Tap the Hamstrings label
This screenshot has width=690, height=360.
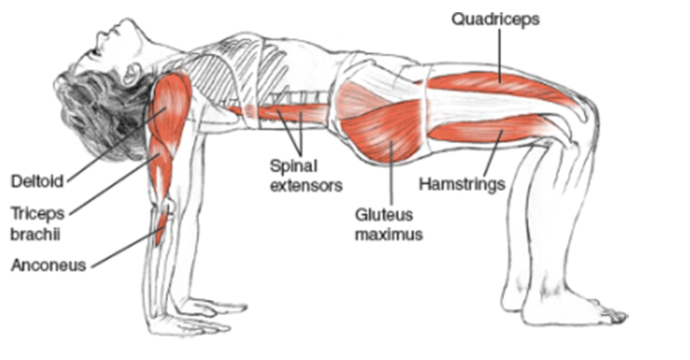(x=461, y=185)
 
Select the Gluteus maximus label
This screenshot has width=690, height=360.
(x=387, y=225)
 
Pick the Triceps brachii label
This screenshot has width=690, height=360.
(x=39, y=223)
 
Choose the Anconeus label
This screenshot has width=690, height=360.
(x=49, y=264)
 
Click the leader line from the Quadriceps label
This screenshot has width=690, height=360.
(x=497, y=53)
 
